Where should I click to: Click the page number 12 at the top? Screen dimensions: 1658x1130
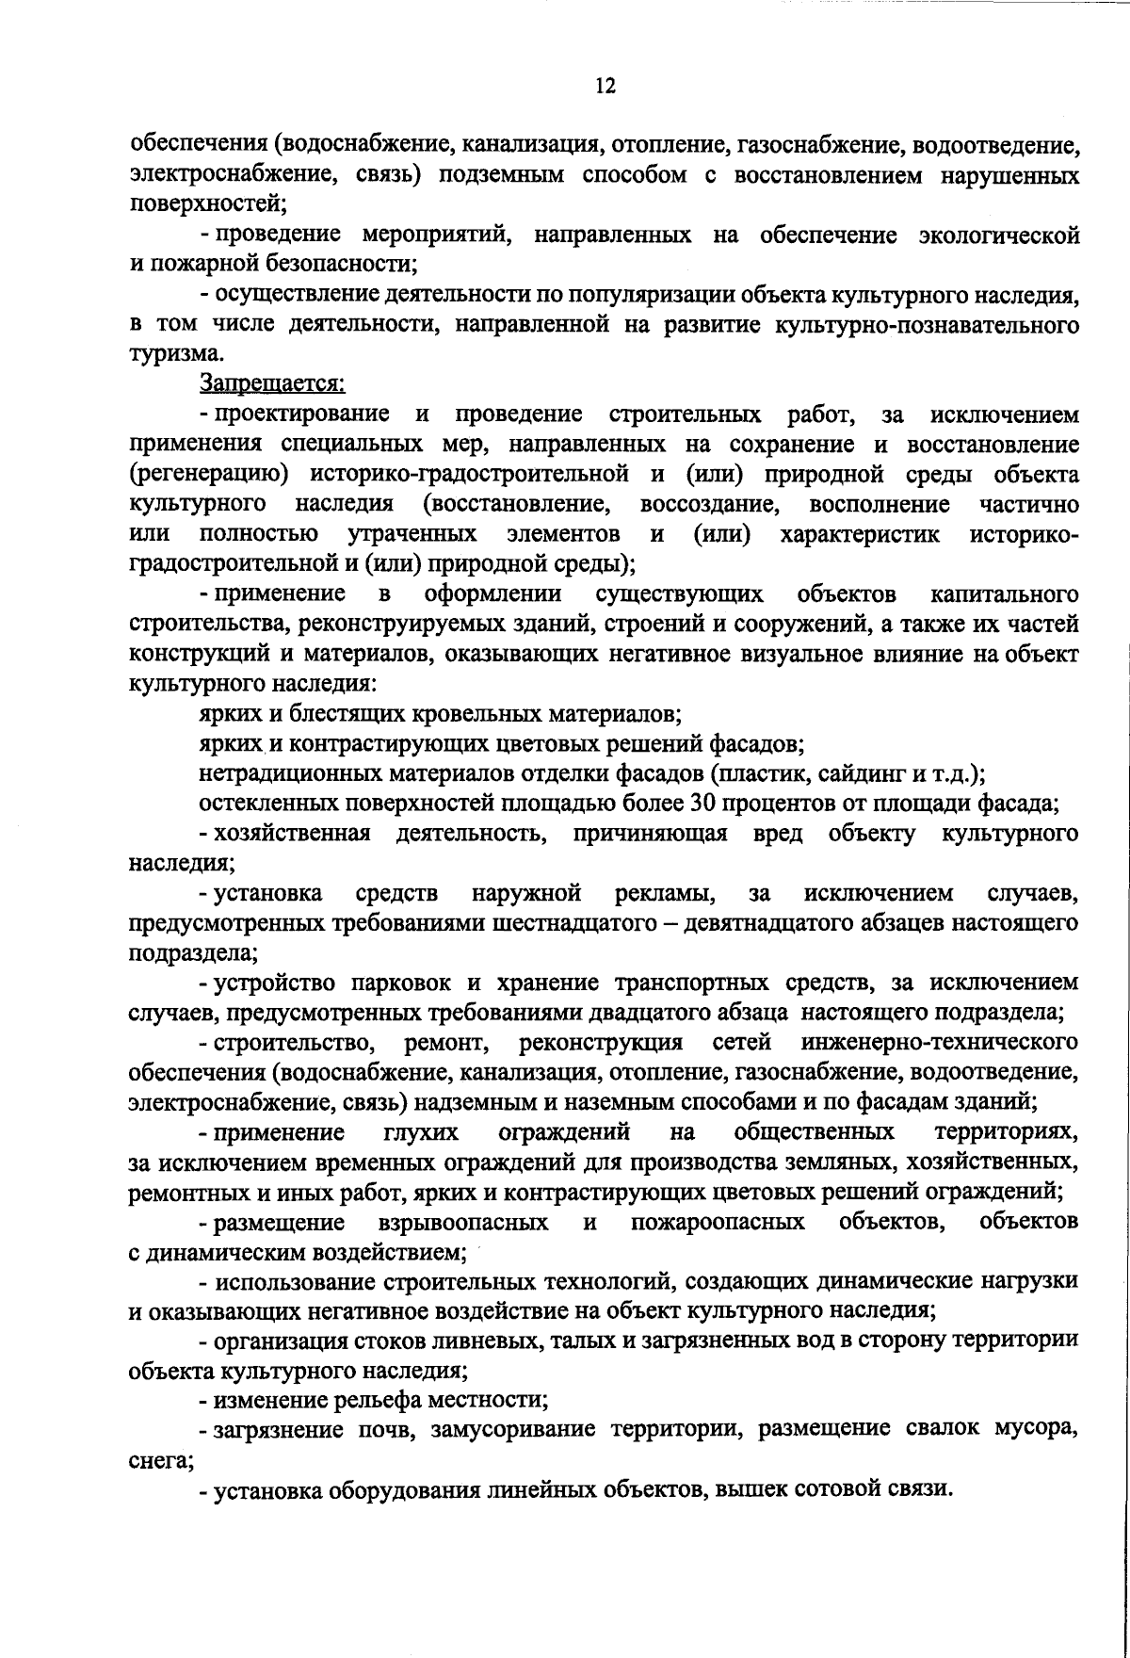(x=605, y=87)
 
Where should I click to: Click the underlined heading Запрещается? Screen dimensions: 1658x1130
(x=272, y=384)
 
